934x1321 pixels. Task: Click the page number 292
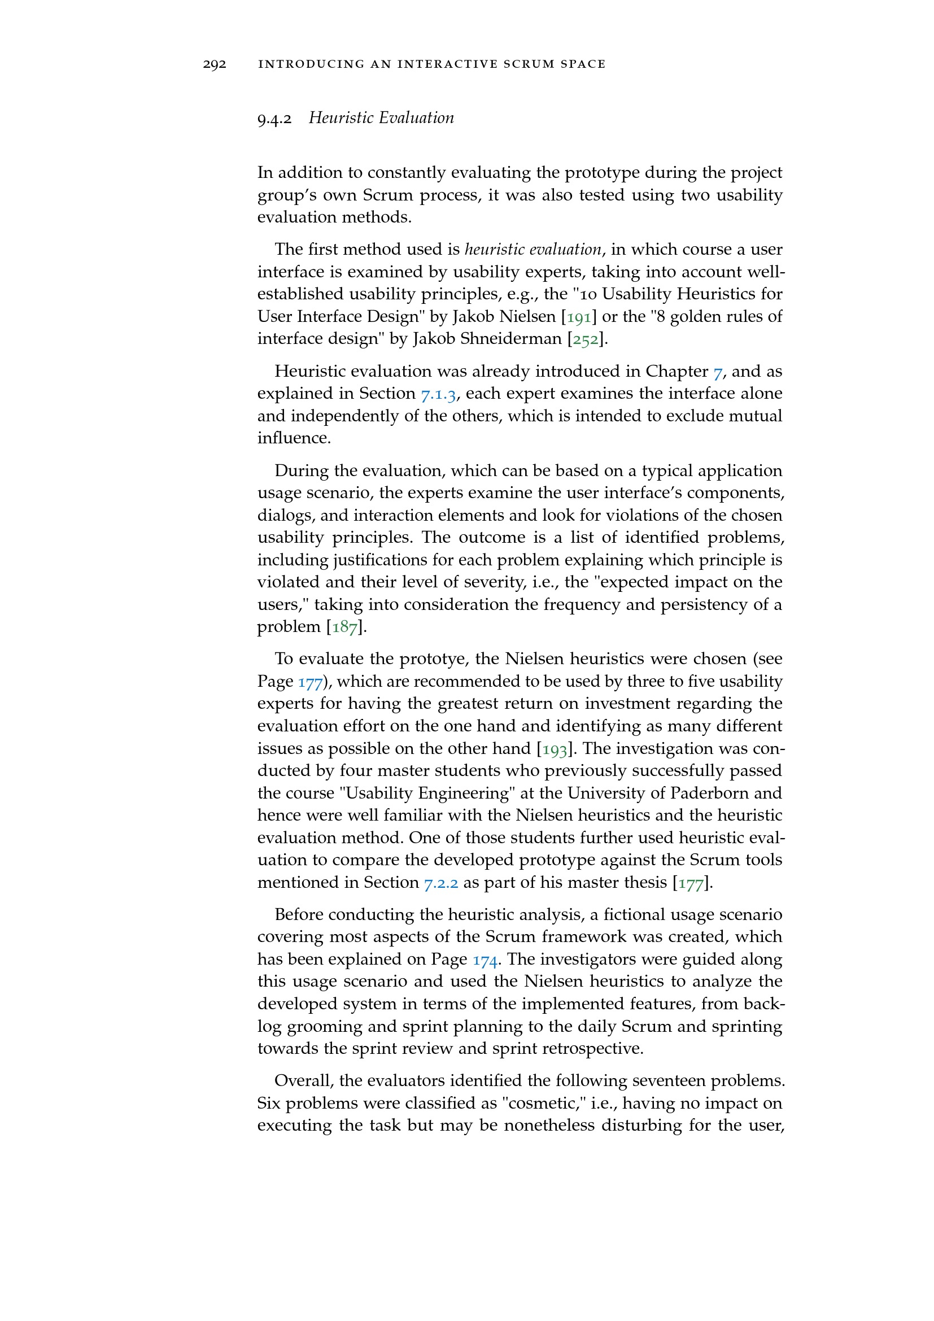[x=215, y=64]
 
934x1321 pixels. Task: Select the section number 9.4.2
[x=274, y=119]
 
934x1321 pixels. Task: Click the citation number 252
[x=586, y=339]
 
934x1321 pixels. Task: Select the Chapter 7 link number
[x=717, y=372]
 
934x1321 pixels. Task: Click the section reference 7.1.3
[x=438, y=394]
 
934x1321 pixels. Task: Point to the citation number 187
[x=344, y=627]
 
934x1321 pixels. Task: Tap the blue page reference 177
[x=310, y=682]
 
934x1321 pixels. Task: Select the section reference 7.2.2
[x=441, y=883]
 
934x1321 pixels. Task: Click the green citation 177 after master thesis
[x=691, y=883]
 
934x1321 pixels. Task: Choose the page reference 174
[x=486, y=960]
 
